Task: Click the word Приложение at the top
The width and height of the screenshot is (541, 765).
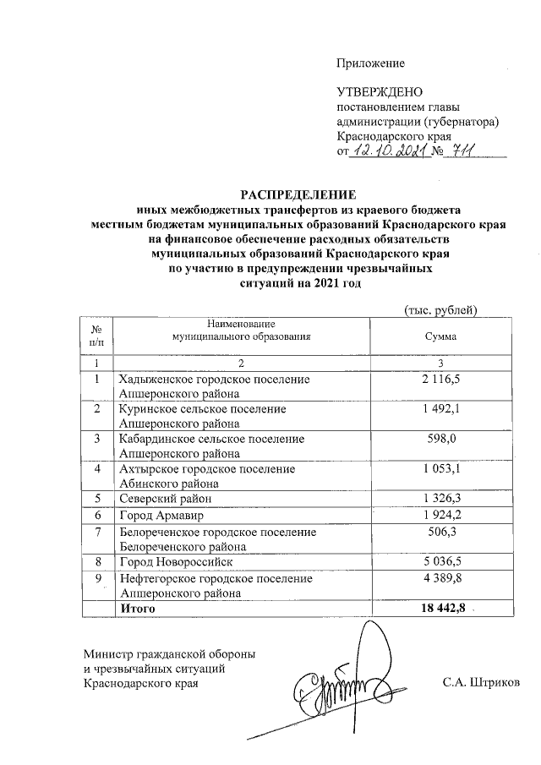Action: pos(370,63)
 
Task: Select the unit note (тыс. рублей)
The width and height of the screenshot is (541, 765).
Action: pos(442,310)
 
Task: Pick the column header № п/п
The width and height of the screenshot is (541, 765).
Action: pos(98,336)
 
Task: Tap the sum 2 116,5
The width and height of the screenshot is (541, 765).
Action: pos(440,380)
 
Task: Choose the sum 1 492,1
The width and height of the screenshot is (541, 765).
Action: pos(440,409)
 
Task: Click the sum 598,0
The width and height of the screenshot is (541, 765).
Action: pos(440,439)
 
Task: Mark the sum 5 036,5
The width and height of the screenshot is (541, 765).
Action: pos(440,560)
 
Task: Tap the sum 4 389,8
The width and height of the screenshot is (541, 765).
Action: pos(440,578)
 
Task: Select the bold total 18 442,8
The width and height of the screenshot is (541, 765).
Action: pos(440,608)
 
